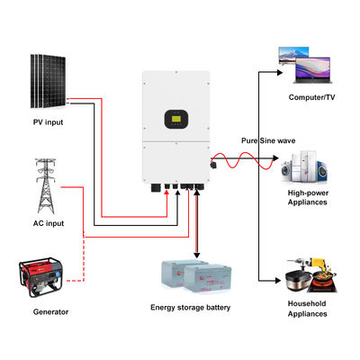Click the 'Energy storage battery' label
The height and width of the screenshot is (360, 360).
coord(190,308)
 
